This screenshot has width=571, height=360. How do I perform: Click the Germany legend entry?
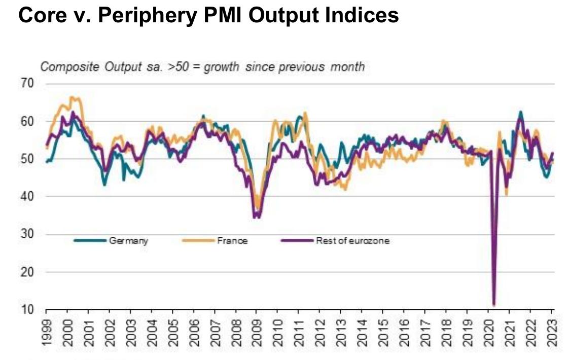point(128,241)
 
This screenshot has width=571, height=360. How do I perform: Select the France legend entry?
point(232,241)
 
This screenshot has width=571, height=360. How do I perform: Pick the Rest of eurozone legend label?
point(352,241)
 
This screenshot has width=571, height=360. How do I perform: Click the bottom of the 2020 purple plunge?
point(494,305)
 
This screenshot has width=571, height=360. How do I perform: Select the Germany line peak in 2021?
point(520,112)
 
